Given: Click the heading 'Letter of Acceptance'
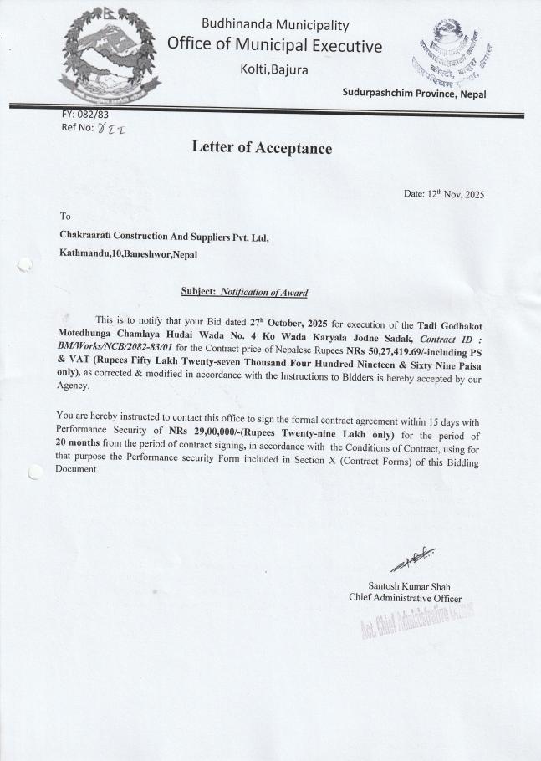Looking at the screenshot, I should pyautogui.click(x=262, y=149).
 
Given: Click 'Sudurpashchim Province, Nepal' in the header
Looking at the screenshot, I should pyautogui.click(x=414, y=94).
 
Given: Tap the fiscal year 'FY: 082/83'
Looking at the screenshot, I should pyautogui.click(x=85, y=115).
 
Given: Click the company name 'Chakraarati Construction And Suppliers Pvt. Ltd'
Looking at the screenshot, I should pyautogui.click(x=164, y=237).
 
